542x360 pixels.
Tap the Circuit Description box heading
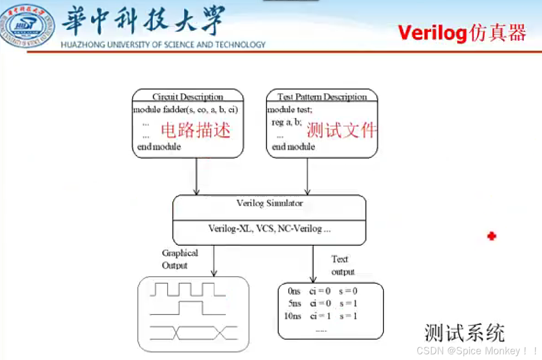[187, 97]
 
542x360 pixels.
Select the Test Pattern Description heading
[322, 97]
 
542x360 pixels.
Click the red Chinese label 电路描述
[196, 130]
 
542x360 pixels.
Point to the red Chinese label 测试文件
[342, 130]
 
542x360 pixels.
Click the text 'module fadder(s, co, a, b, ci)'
[185, 110]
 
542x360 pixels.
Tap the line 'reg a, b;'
[286, 122]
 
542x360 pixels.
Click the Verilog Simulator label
[269, 203]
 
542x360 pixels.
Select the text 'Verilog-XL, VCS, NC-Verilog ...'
[269, 228]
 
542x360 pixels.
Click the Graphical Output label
[179, 259]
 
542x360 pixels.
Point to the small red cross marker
[492, 236]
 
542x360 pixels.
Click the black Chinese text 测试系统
[464, 333]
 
